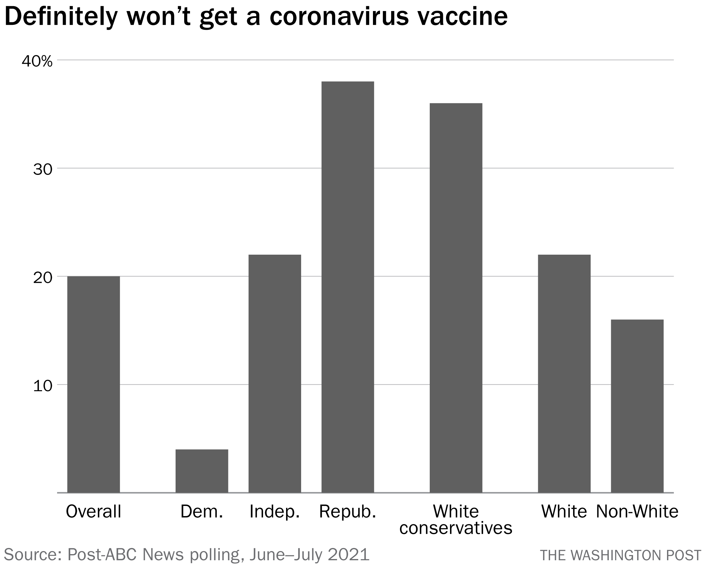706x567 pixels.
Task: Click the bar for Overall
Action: (x=93, y=384)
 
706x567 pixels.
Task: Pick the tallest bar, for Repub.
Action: (x=348, y=287)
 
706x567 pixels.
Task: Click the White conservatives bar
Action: (x=456, y=298)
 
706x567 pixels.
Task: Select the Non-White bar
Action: (x=637, y=406)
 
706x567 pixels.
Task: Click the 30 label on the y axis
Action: (x=43, y=169)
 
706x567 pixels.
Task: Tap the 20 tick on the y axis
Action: (x=43, y=278)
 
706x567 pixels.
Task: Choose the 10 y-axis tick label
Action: (x=43, y=386)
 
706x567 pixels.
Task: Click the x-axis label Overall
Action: (x=93, y=511)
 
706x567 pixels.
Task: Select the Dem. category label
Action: (x=202, y=511)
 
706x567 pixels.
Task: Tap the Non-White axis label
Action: (x=637, y=511)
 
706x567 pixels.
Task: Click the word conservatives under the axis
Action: (x=456, y=528)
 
